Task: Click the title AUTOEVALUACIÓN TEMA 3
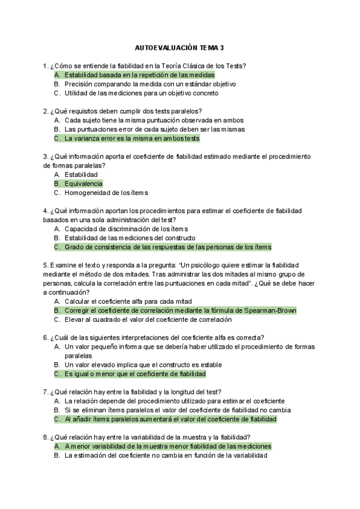tap(179, 47)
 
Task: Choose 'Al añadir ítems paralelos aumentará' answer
tap(170, 419)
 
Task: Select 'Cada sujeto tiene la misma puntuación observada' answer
tap(154, 120)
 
